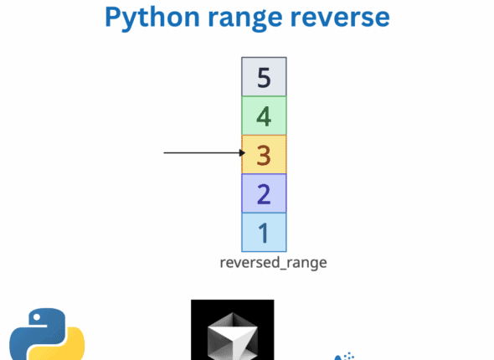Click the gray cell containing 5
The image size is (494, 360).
click(264, 77)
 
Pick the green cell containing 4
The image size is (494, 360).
click(264, 116)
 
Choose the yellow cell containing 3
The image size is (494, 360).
click(264, 154)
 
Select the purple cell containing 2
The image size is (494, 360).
click(264, 193)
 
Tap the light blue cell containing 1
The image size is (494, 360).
click(264, 232)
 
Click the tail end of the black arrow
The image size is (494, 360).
click(165, 153)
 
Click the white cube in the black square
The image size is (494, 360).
click(232, 339)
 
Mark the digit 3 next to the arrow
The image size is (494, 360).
click(264, 155)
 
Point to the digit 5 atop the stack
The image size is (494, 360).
click(264, 78)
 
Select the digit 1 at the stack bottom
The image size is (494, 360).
click(264, 232)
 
